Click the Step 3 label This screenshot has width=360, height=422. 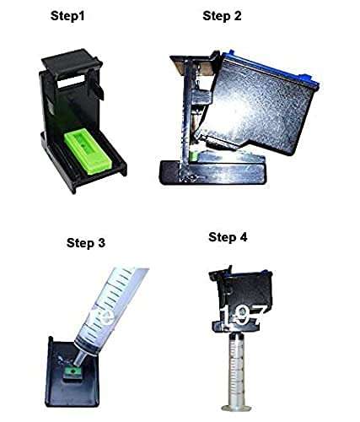[x=86, y=243]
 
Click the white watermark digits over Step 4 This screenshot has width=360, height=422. [x=244, y=319]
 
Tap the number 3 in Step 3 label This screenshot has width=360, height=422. [x=101, y=243]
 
